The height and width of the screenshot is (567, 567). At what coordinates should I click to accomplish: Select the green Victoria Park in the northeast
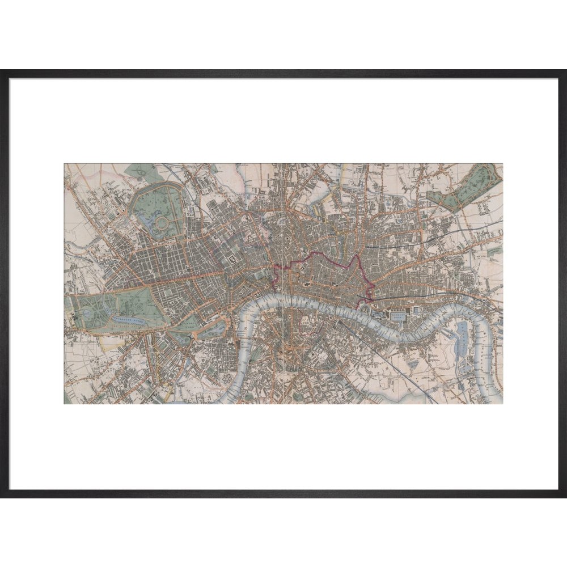465,189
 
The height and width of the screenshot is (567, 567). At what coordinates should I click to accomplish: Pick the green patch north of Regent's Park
142,172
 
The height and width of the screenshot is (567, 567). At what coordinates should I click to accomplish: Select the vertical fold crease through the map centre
283,283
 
